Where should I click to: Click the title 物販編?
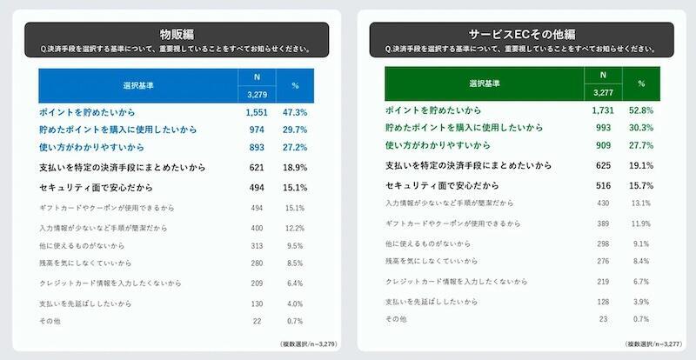(x=177, y=35)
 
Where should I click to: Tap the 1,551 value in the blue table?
(x=255, y=113)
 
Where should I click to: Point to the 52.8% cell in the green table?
(x=641, y=110)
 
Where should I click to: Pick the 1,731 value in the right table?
(x=602, y=110)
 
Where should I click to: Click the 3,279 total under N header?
(x=255, y=94)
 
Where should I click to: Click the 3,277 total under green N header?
(x=602, y=91)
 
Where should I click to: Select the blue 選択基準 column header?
(x=138, y=85)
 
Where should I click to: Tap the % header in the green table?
(x=641, y=83)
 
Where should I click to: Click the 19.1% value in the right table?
(x=641, y=164)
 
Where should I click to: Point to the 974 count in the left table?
(x=255, y=130)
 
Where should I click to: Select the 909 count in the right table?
(x=602, y=145)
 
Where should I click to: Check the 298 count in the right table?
(x=602, y=243)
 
